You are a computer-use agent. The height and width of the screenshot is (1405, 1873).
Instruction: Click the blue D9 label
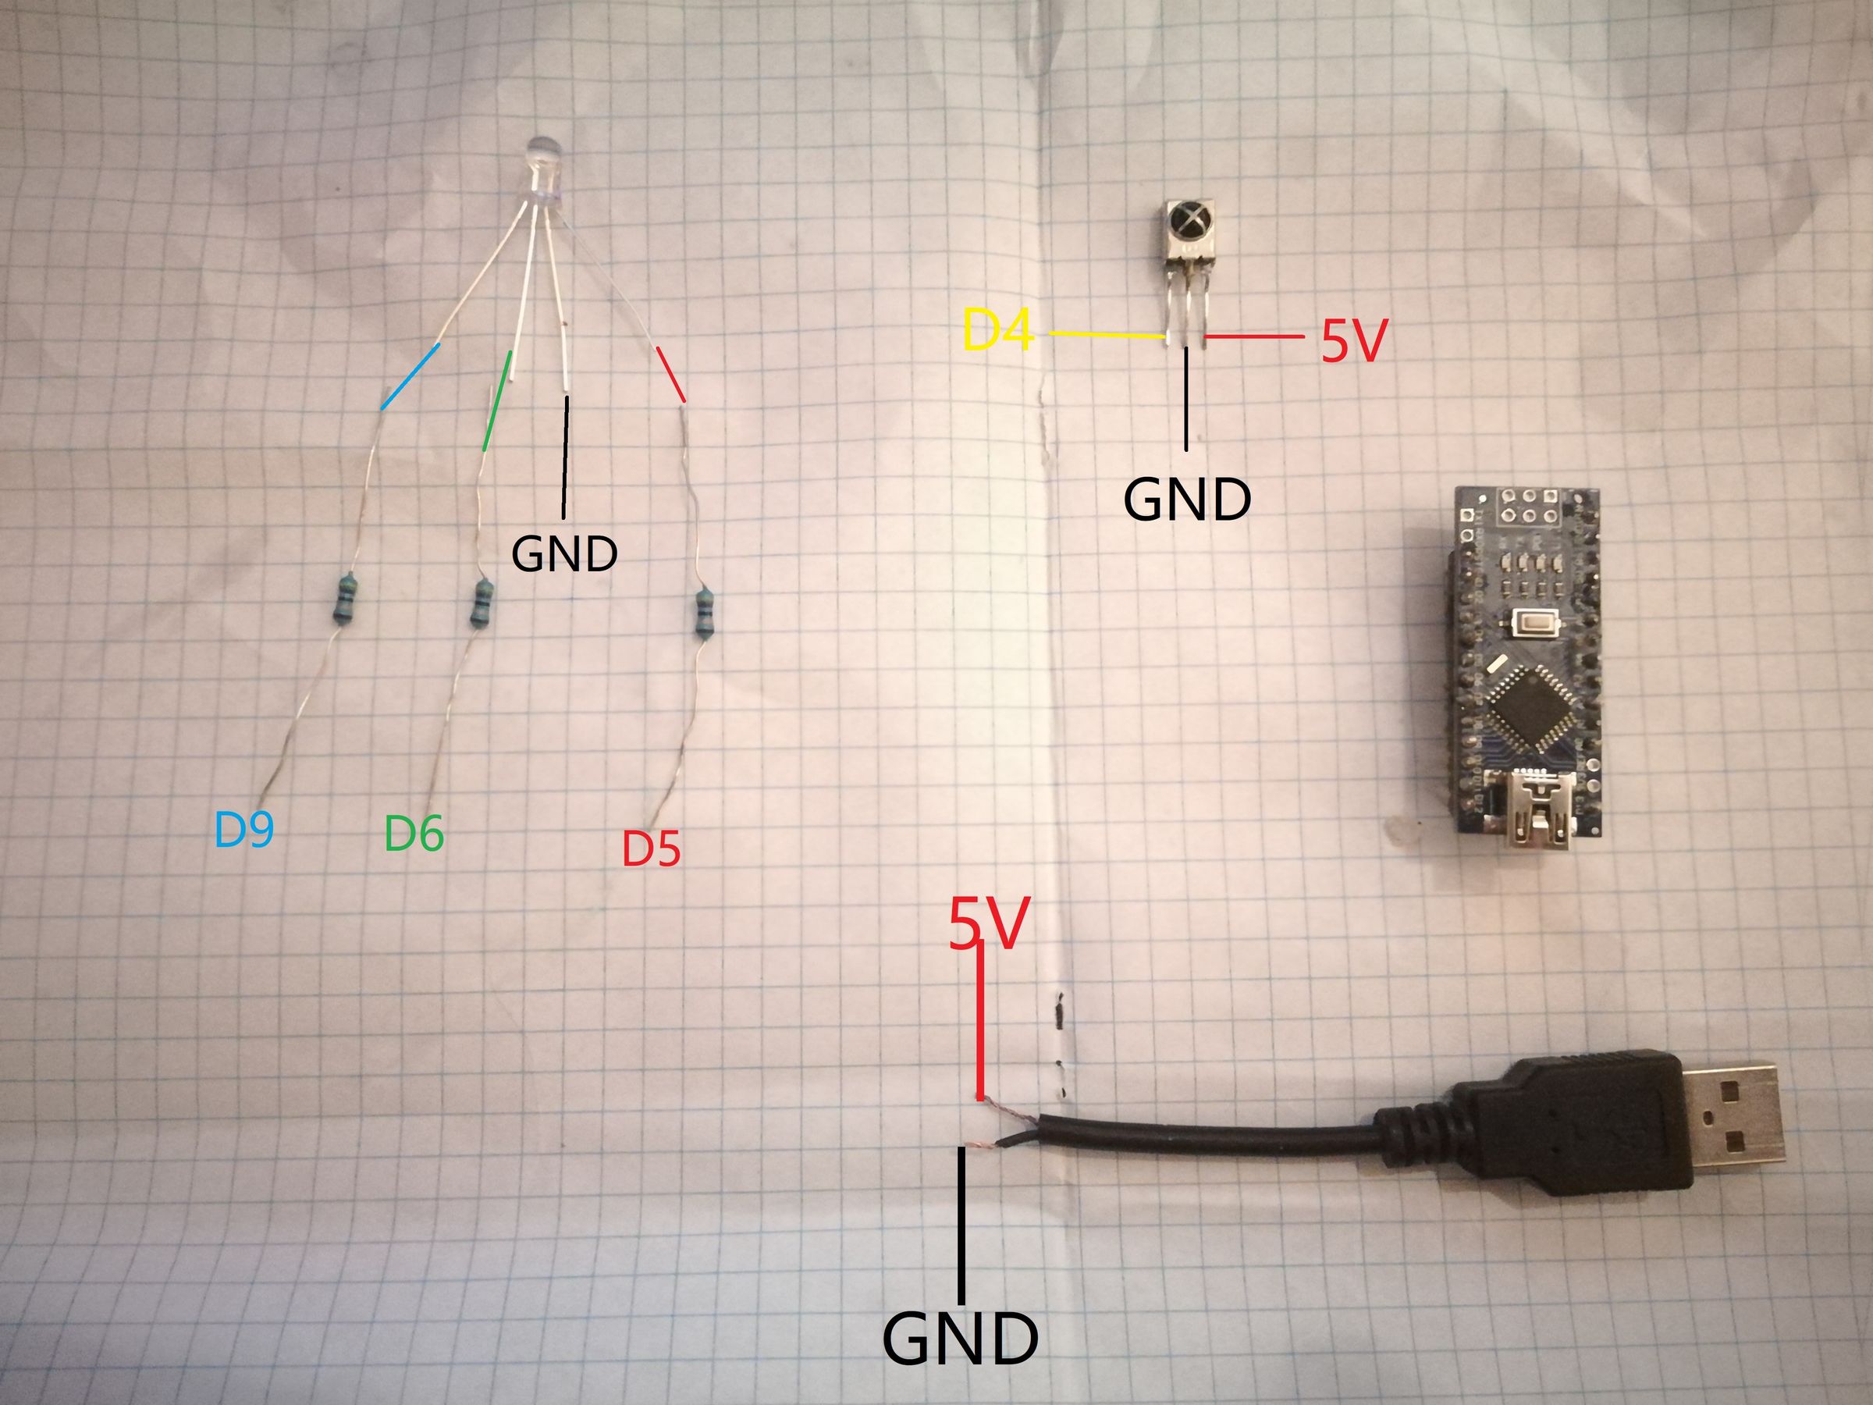[x=243, y=830]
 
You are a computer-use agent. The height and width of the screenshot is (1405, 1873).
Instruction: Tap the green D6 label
[x=414, y=834]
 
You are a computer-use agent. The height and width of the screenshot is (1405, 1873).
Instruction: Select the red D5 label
[x=651, y=849]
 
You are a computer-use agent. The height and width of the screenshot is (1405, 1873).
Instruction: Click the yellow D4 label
[x=999, y=331]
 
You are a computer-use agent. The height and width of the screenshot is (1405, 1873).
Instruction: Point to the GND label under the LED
[x=565, y=554]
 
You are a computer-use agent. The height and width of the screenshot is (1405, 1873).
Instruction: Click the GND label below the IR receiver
[x=1186, y=500]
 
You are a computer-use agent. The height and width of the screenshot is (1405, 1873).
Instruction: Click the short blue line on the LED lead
[x=410, y=377]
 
